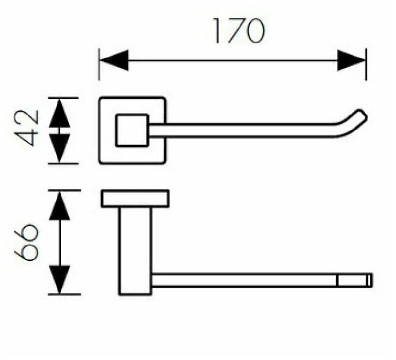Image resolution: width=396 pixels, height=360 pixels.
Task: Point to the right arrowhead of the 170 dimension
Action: pyautogui.click(x=351, y=61)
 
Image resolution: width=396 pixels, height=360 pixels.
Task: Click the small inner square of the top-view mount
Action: pyautogui.click(x=132, y=130)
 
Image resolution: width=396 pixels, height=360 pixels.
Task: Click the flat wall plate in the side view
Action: pyautogui.click(x=135, y=199)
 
